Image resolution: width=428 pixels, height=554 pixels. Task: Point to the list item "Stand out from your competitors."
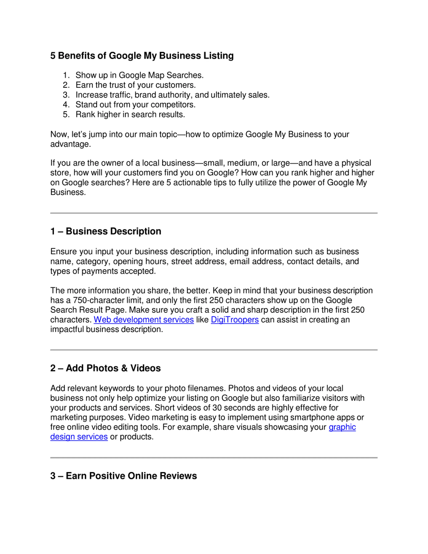point(135,105)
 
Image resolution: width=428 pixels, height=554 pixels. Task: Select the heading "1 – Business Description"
point(106,231)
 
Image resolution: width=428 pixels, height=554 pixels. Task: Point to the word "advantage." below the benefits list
point(71,144)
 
